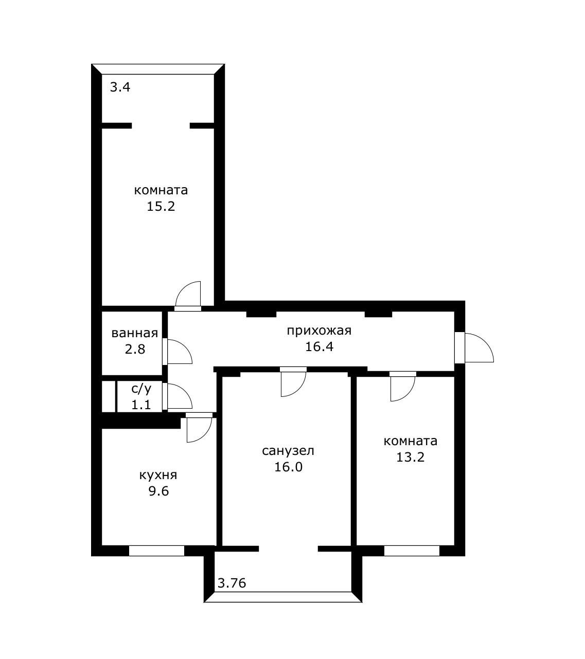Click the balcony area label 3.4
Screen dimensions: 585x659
[120, 87]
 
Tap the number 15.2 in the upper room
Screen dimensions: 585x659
[161, 206]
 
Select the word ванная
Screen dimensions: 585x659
[135, 333]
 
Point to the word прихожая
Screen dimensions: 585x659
[319, 331]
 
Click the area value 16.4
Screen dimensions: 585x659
[319, 347]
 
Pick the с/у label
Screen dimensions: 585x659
[141, 389]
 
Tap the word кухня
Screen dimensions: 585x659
[158, 475]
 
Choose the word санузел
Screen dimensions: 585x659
[288, 451]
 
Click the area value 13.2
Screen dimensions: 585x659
[410, 457]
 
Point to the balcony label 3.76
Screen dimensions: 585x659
[232, 583]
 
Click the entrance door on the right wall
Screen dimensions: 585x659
[474, 347]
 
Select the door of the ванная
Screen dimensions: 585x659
[177, 352]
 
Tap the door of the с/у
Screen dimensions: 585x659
[177, 396]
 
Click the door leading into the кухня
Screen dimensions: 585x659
[199, 427]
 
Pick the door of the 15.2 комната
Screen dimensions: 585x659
[188, 296]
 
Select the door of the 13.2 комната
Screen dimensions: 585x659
[403, 386]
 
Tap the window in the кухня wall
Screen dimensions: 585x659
[156, 551]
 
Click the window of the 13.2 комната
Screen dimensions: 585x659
[412, 551]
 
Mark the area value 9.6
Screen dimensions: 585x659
[158, 491]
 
